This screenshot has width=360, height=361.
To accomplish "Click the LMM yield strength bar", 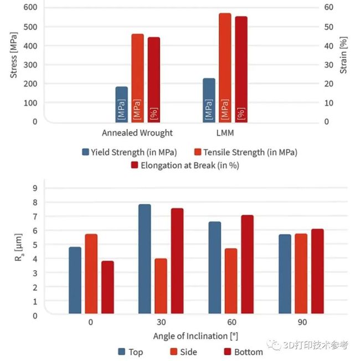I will pyautogui.click(x=209, y=100).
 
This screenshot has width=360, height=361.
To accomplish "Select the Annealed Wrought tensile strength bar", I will pyautogui.click(x=137, y=78).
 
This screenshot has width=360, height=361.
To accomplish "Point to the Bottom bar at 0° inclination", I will pyautogui.click(x=107, y=287).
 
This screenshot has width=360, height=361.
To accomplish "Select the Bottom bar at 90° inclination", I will pyautogui.click(x=317, y=271).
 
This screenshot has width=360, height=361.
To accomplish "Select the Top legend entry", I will pyautogui.click(x=130, y=352).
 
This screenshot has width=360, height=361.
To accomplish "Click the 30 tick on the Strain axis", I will pyautogui.click(x=328, y=65).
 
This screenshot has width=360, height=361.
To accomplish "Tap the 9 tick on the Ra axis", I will pyautogui.click(x=35, y=188).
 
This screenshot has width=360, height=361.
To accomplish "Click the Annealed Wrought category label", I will pyautogui.click(x=137, y=133).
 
